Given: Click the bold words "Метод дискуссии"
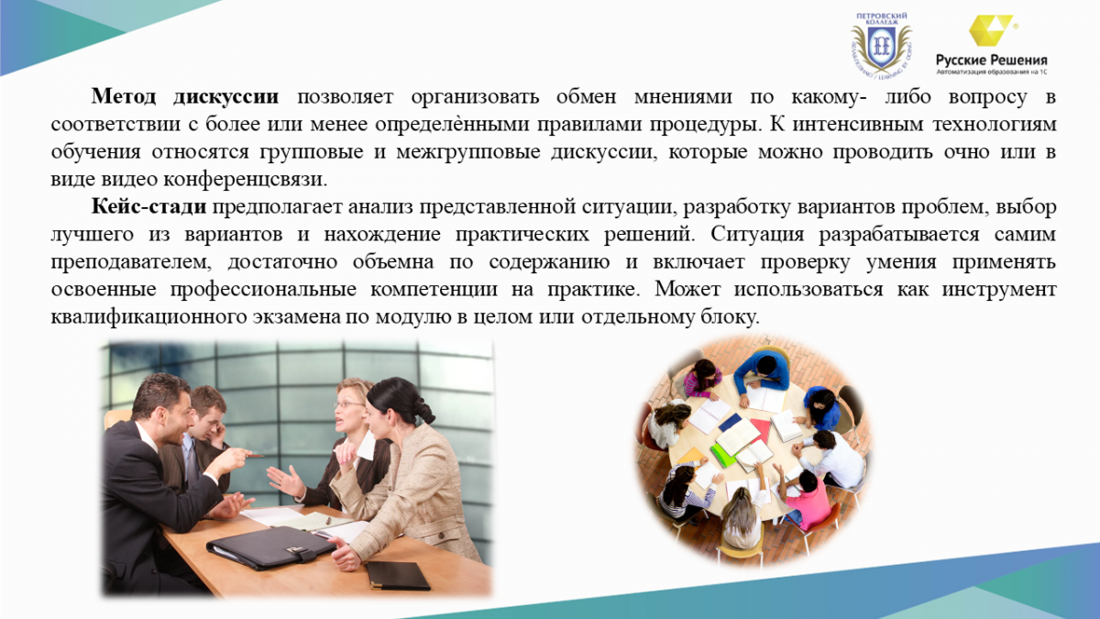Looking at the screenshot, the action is [x=184, y=97].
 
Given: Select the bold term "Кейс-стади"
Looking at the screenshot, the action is [x=148, y=207].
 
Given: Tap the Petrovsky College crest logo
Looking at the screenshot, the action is [x=882, y=45].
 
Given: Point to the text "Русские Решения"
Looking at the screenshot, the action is [x=992, y=60].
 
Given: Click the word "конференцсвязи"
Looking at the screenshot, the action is [x=245, y=180].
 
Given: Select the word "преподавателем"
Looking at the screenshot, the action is [x=131, y=262].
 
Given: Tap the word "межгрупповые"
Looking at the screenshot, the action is [x=468, y=152].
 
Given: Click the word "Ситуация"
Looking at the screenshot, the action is [x=757, y=235].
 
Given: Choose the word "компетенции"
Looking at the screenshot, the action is [x=434, y=290].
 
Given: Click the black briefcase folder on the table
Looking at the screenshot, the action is [x=272, y=547].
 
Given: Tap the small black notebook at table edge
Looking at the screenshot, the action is [x=398, y=575].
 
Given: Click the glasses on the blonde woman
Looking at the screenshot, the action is [x=348, y=404].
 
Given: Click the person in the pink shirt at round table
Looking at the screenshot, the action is [x=806, y=501].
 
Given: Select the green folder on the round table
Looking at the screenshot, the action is [x=724, y=455].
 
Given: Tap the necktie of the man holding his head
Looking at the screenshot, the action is [x=192, y=465].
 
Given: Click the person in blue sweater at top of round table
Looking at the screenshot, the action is [x=762, y=374].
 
